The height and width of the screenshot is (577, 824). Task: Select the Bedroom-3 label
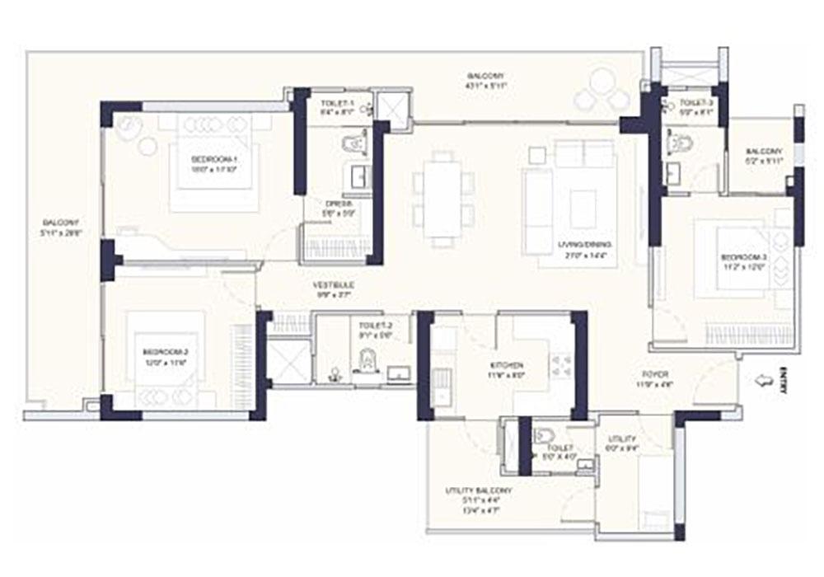[733, 260]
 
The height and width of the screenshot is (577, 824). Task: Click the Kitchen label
[505, 368]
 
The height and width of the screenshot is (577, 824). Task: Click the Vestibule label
[327, 289]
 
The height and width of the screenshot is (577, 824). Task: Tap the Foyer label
[658, 378]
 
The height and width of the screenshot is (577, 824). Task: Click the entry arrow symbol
[766, 381]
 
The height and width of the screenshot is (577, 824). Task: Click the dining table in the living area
[443, 199]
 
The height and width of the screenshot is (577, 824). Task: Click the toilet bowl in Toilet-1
[353, 145]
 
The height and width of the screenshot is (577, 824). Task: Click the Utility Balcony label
[480, 494]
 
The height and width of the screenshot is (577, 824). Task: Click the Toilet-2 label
[365, 331]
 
